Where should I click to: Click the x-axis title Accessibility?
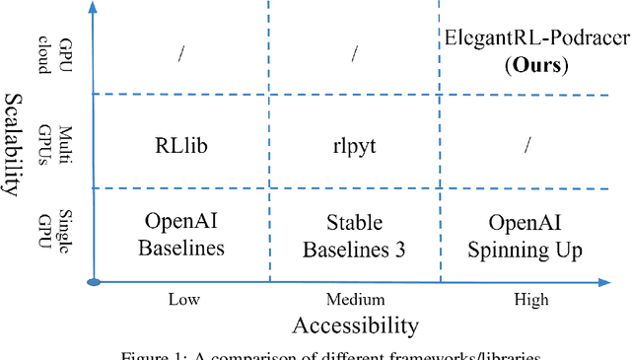tap(355, 325)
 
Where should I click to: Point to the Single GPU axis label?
tap(68, 234)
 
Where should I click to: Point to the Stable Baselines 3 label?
tap(353, 236)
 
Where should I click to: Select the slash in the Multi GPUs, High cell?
tap(527, 145)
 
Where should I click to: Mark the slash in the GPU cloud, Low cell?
tap(180, 55)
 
